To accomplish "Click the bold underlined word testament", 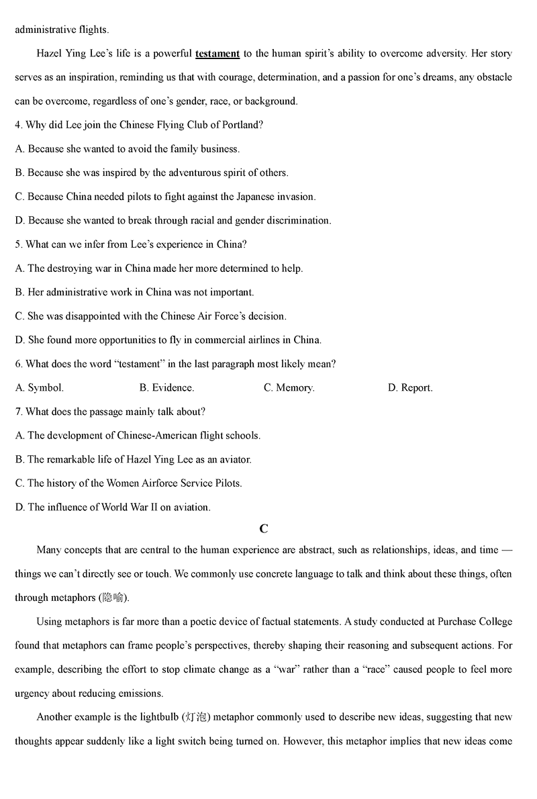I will pos(217,54).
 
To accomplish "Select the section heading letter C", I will pos(264,529).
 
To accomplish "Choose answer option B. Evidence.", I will pos(166,388).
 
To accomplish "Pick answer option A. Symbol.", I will pos(40,388).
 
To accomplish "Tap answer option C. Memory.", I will pos(289,388).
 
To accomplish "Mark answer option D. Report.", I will pos(410,388).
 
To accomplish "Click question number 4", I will pos(19,125).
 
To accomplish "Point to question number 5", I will pos(19,244).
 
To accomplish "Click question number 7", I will pos(19,412).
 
